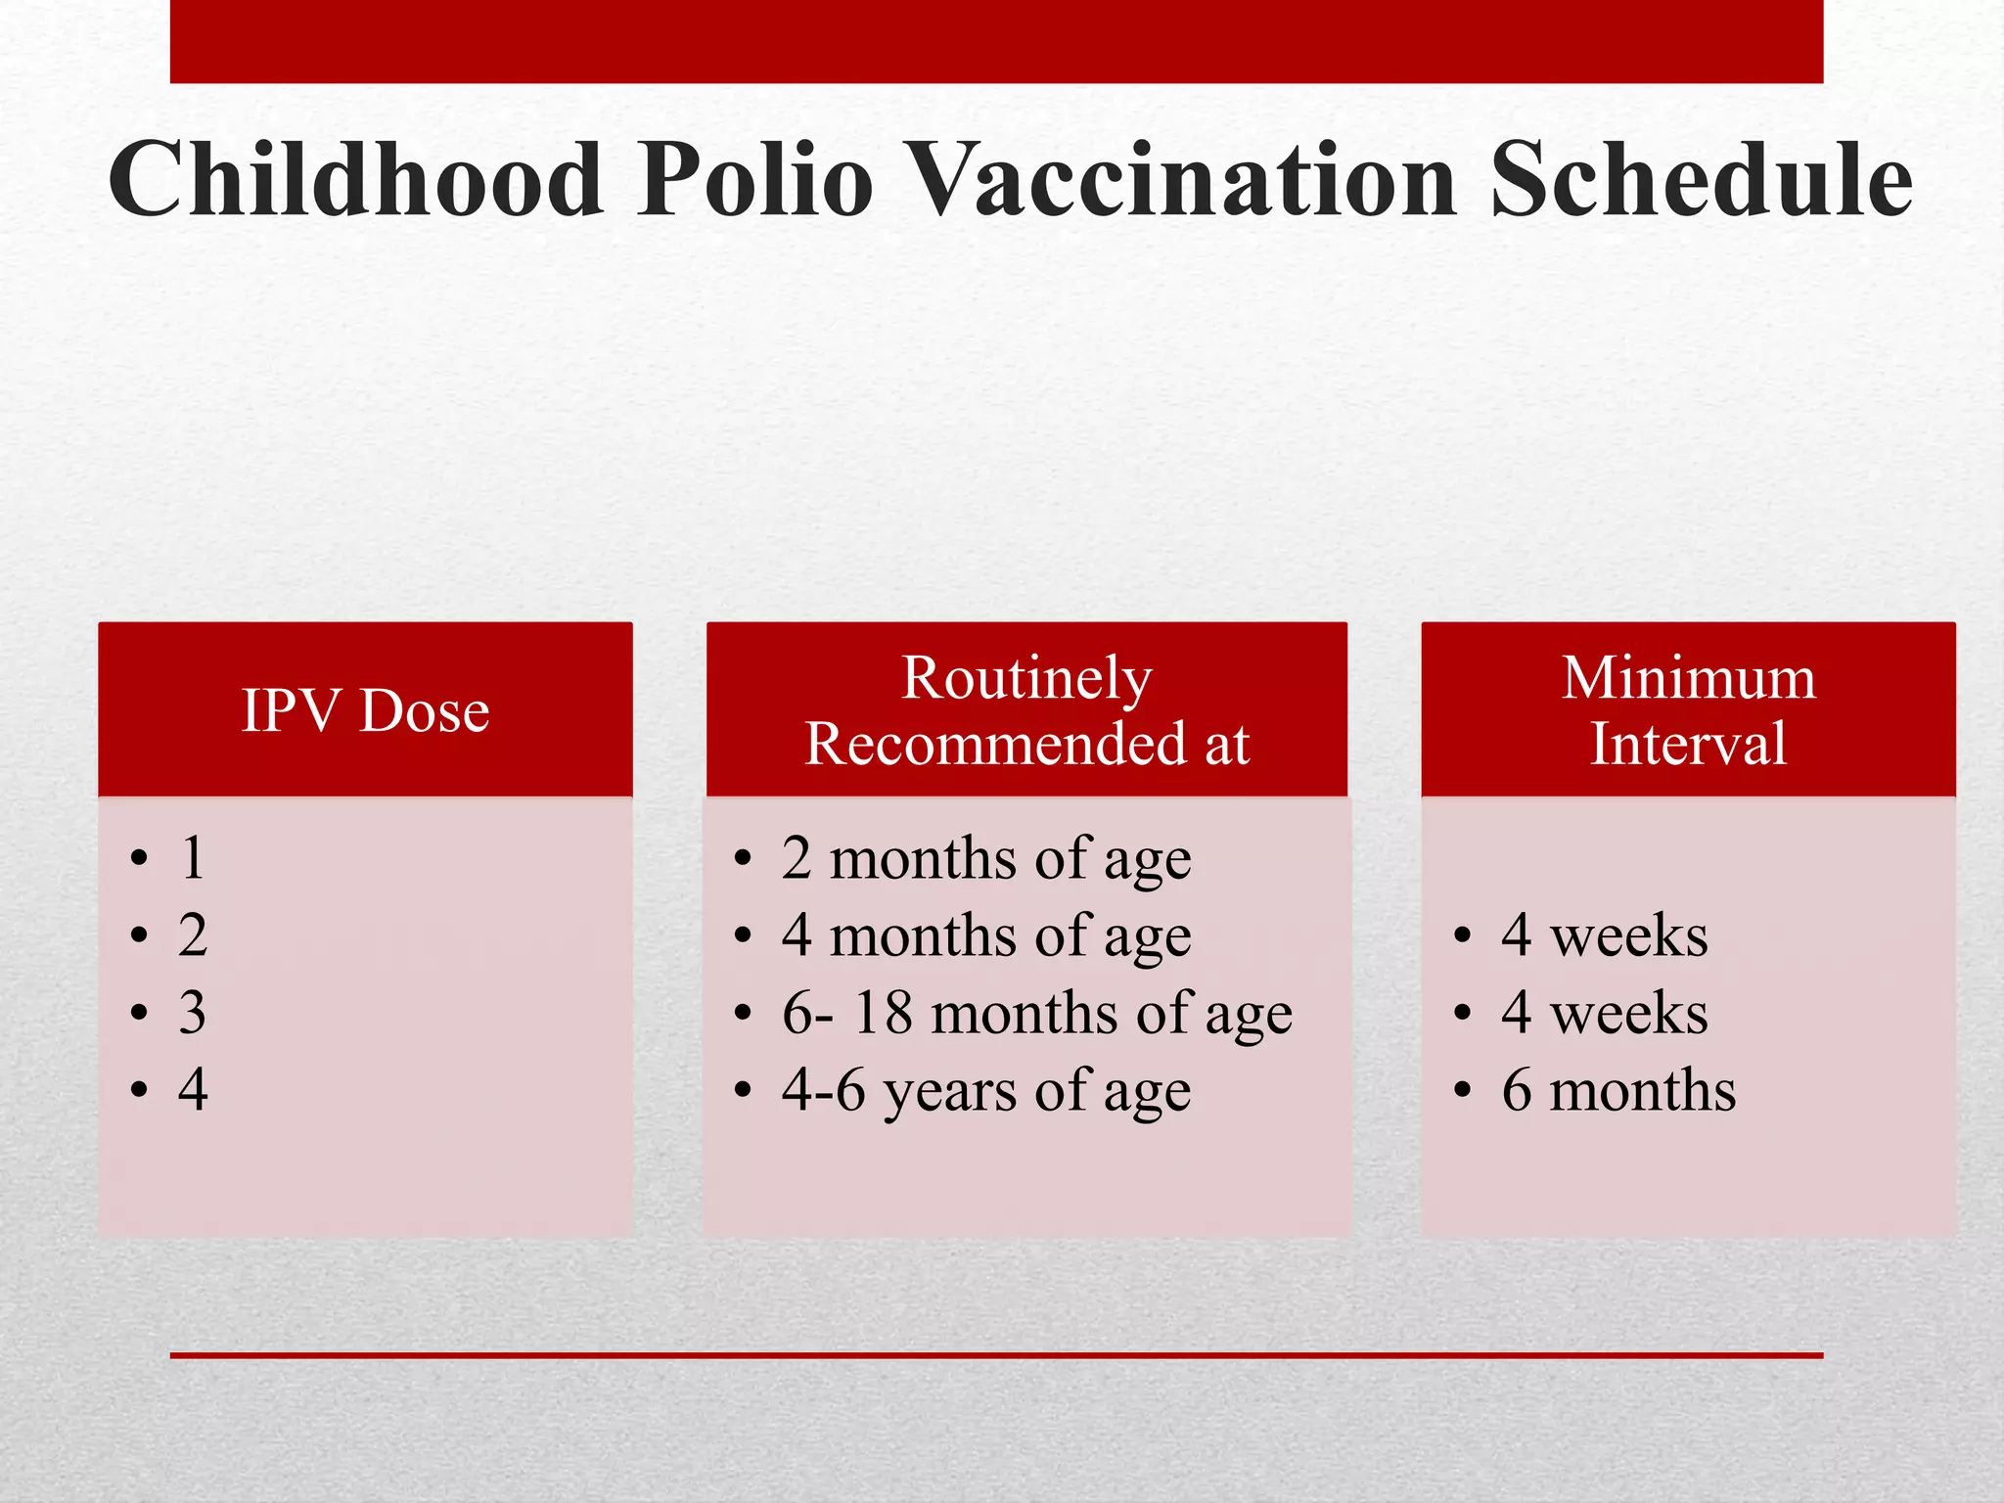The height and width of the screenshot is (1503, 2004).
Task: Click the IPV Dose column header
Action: pos(365,709)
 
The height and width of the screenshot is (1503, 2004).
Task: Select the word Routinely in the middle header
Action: pos(1026,677)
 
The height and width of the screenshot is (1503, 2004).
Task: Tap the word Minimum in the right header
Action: pos(1688,677)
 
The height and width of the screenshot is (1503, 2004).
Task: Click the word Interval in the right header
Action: pos(1688,743)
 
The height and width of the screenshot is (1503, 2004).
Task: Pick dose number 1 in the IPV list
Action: pos(193,858)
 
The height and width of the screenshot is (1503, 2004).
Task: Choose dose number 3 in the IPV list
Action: pos(193,1013)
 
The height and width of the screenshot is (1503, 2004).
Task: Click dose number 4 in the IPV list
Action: pos(193,1090)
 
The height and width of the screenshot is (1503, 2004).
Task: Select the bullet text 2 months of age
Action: pos(986,859)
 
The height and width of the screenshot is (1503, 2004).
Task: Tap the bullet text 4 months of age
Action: pos(986,936)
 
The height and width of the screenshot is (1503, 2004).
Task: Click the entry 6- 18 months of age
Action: pos(1037,1013)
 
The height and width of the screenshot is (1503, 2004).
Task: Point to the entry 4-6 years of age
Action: pos(986,1090)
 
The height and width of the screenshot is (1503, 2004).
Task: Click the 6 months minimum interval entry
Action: pos(1618,1090)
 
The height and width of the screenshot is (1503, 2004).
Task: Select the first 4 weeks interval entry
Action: pos(1605,936)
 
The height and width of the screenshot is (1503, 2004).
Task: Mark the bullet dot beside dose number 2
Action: pos(139,936)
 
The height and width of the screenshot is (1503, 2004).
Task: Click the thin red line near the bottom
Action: pos(996,1355)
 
